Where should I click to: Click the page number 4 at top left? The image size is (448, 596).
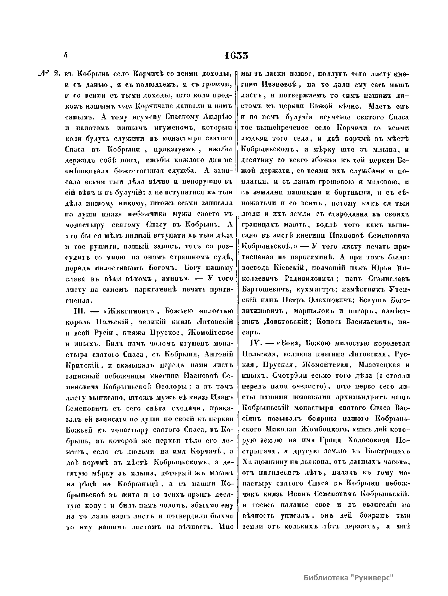[x=65, y=55]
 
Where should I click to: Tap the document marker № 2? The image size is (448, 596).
[x=47, y=74]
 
